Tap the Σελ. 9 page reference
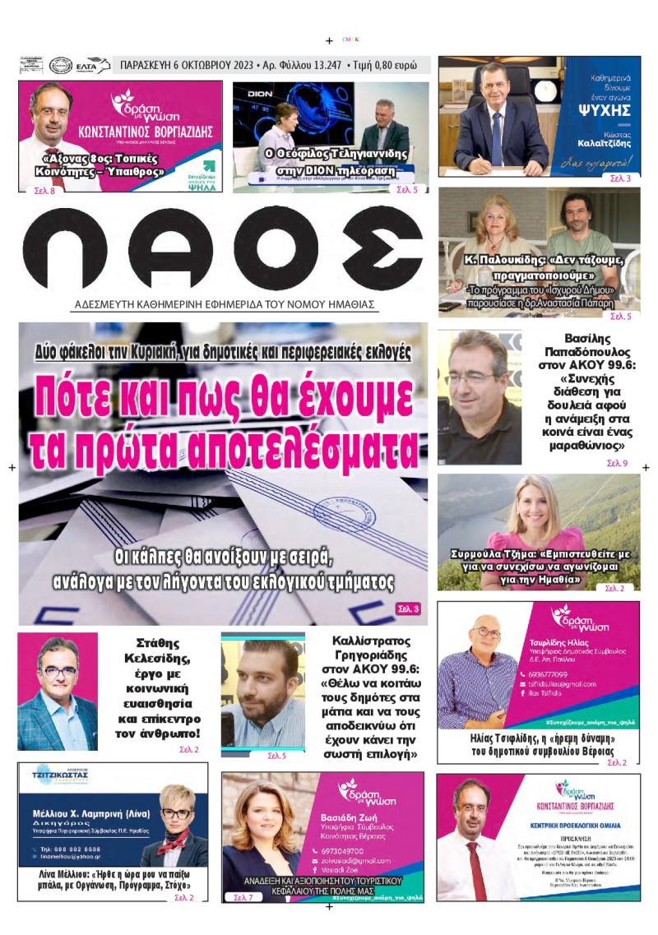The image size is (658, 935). click(617, 464)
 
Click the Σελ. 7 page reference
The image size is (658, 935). click(243, 896)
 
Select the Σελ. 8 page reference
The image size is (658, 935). click(40, 190)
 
